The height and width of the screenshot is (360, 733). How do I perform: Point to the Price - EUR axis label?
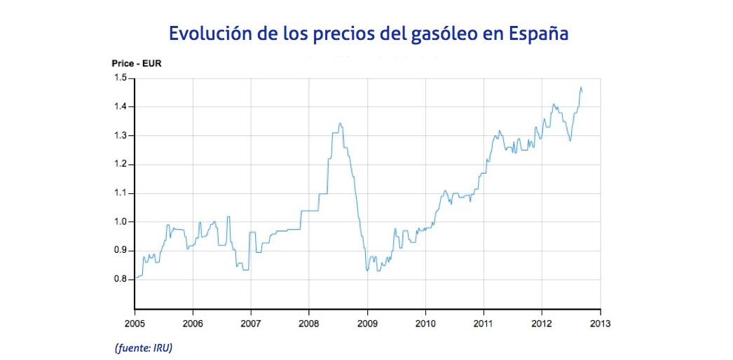137,63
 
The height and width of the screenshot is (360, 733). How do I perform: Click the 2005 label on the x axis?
135,324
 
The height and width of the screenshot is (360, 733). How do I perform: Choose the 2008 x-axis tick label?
309,324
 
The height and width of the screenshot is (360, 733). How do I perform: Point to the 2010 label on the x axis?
425,324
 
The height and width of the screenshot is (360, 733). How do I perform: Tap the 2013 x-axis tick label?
600,324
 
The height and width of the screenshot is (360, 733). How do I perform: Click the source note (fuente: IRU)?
143,348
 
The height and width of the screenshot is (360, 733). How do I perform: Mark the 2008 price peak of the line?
340,124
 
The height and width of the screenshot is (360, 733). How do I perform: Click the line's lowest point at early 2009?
367,270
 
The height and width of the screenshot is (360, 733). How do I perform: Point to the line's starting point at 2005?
135,278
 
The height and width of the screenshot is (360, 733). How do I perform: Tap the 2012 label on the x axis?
542,324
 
